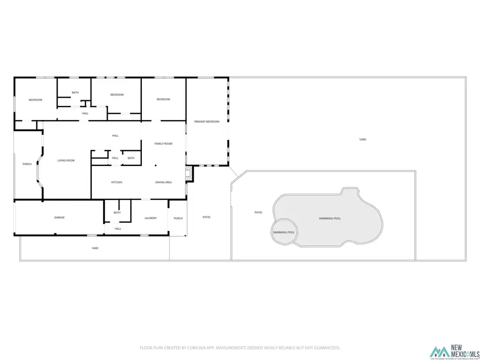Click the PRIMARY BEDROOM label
[x=207, y=122]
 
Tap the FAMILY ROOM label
[x=163, y=143]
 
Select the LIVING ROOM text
[x=66, y=161]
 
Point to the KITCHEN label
[x=117, y=182]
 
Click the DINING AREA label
[x=163, y=182]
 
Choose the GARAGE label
[x=59, y=218]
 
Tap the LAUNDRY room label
[x=150, y=218]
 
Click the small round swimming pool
[x=284, y=233]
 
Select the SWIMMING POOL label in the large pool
[x=330, y=219]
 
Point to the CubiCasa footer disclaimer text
[x=239, y=348]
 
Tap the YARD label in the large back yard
[x=363, y=139]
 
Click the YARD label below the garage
[x=95, y=248]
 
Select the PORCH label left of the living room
[x=27, y=164]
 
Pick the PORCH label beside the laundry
[x=178, y=218]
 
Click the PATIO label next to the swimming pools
[x=258, y=212]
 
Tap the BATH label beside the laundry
[x=117, y=212]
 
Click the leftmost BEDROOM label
[x=35, y=100]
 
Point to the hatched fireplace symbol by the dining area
[x=188, y=172]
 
